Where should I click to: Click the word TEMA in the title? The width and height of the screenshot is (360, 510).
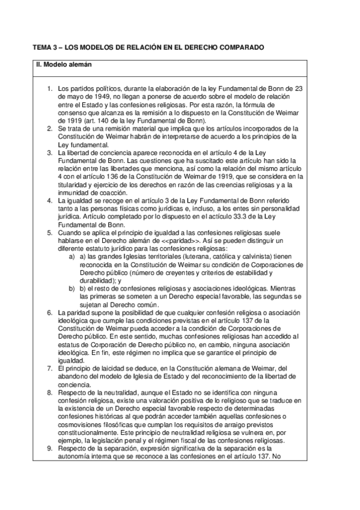point(41,47)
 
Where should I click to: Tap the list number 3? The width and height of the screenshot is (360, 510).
point(50,153)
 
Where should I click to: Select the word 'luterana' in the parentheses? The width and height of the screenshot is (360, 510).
point(201,257)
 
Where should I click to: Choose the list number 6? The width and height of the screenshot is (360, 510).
point(50,313)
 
